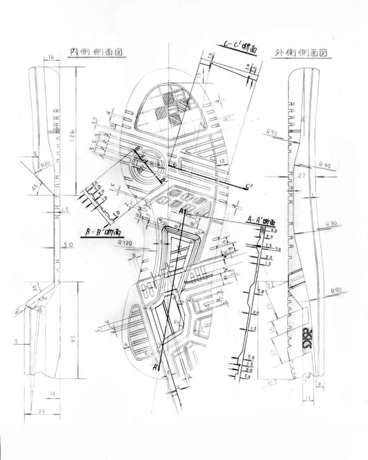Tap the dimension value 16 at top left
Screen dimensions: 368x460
click(51, 57)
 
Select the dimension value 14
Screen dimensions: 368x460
click(52, 394)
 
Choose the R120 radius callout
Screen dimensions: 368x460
click(125, 243)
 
